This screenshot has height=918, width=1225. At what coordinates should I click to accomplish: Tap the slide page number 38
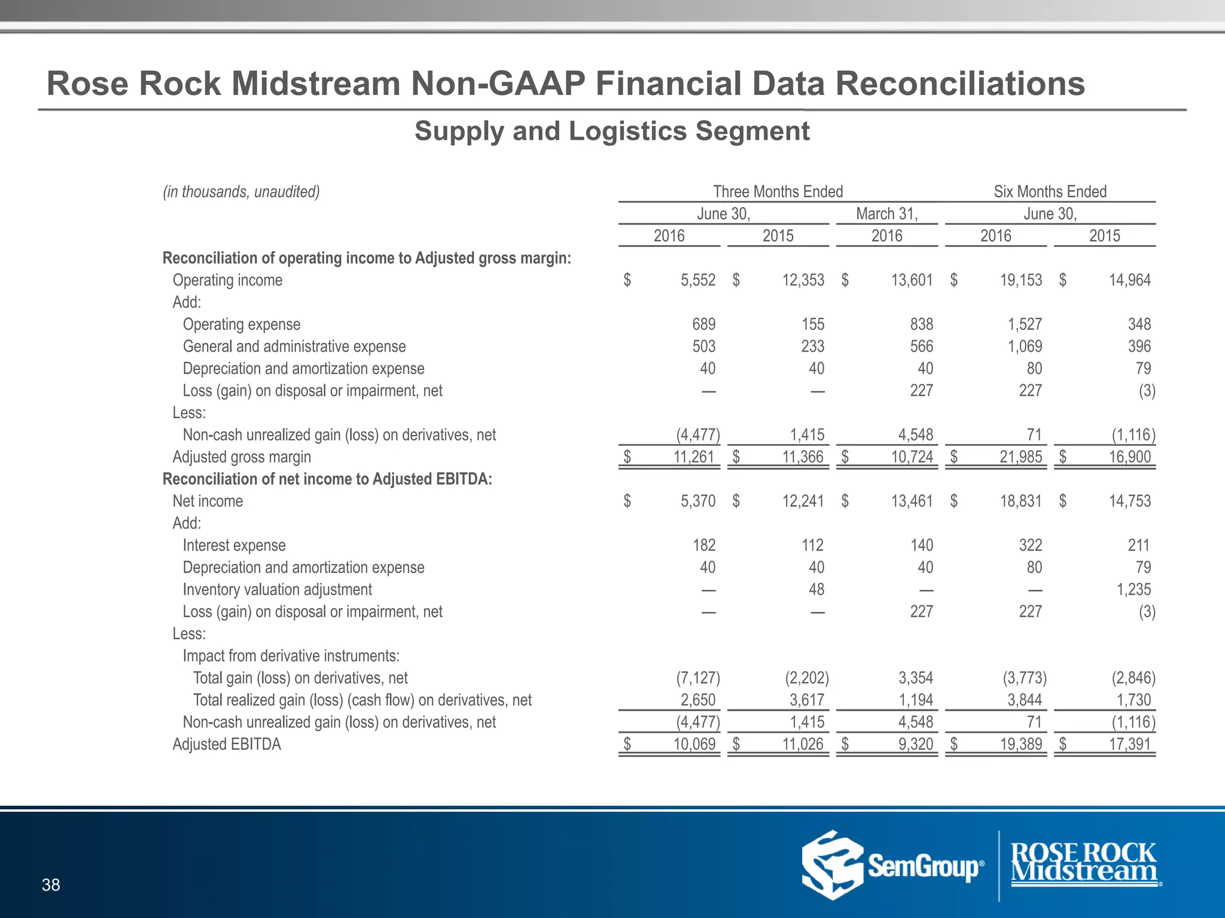(51, 885)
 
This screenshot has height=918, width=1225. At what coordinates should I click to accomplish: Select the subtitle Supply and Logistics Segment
(612, 131)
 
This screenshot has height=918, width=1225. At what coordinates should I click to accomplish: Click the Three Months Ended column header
(778, 191)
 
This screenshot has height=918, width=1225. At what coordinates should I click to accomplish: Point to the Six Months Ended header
(1050, 191)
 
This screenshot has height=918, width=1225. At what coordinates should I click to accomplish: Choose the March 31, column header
(886, 213)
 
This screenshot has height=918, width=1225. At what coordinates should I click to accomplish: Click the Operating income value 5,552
(697, 280)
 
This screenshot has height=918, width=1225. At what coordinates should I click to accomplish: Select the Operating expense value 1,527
(1025, 324)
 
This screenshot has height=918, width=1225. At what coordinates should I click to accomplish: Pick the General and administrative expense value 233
(812, 346)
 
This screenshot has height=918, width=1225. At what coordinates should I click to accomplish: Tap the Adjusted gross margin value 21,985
(1020, 457)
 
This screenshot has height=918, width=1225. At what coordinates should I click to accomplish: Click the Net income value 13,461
(912, 501)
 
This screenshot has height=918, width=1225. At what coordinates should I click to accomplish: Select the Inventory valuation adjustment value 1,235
(1133, 589)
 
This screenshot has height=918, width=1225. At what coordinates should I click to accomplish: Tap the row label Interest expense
(234, 545)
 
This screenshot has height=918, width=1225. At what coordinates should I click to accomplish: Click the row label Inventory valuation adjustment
(277, 589)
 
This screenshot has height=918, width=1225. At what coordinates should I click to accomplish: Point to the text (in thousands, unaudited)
(241, 191)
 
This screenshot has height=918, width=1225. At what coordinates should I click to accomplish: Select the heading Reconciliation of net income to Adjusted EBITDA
(327, 479)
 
